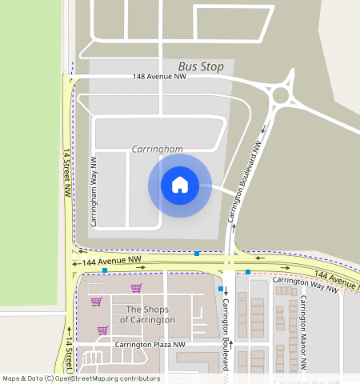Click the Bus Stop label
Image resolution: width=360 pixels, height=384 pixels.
coord(201,67)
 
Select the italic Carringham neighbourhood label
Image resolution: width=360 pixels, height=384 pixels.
coord(157,149)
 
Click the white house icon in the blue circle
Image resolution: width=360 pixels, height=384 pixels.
coord(180,185)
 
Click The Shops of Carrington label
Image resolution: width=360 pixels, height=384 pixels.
coord(147,314)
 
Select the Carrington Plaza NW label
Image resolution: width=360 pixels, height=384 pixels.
coord(150,345)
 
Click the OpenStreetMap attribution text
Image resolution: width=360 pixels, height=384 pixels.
coord(81,378)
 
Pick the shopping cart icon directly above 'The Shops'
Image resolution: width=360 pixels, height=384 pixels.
coord(136,288)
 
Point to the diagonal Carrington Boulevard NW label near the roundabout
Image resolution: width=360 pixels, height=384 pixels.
coord(245,182)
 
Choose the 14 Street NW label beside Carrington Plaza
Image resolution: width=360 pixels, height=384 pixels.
coord(69,352)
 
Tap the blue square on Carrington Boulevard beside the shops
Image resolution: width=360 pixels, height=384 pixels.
coord(221,288)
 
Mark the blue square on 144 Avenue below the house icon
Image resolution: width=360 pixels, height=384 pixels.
coord(197,254)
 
